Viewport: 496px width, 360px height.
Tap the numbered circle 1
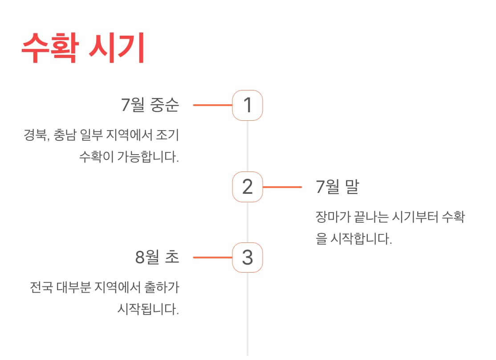point(248,106)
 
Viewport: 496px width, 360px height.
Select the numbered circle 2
point(248,187)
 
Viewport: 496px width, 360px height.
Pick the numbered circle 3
point(248,258)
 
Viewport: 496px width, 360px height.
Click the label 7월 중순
point(150,105)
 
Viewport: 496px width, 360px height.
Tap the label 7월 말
point(337,187)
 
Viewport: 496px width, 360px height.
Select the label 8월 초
point(157,258)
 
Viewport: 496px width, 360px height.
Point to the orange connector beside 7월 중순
point(212,105)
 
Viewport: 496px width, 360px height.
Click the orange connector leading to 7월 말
point(282,187)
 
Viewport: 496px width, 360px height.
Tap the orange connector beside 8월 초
point(212,258)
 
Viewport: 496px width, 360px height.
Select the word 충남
point(65,135)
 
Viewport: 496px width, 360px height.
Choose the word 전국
point(41,287)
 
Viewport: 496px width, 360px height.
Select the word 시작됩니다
point(148,309)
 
